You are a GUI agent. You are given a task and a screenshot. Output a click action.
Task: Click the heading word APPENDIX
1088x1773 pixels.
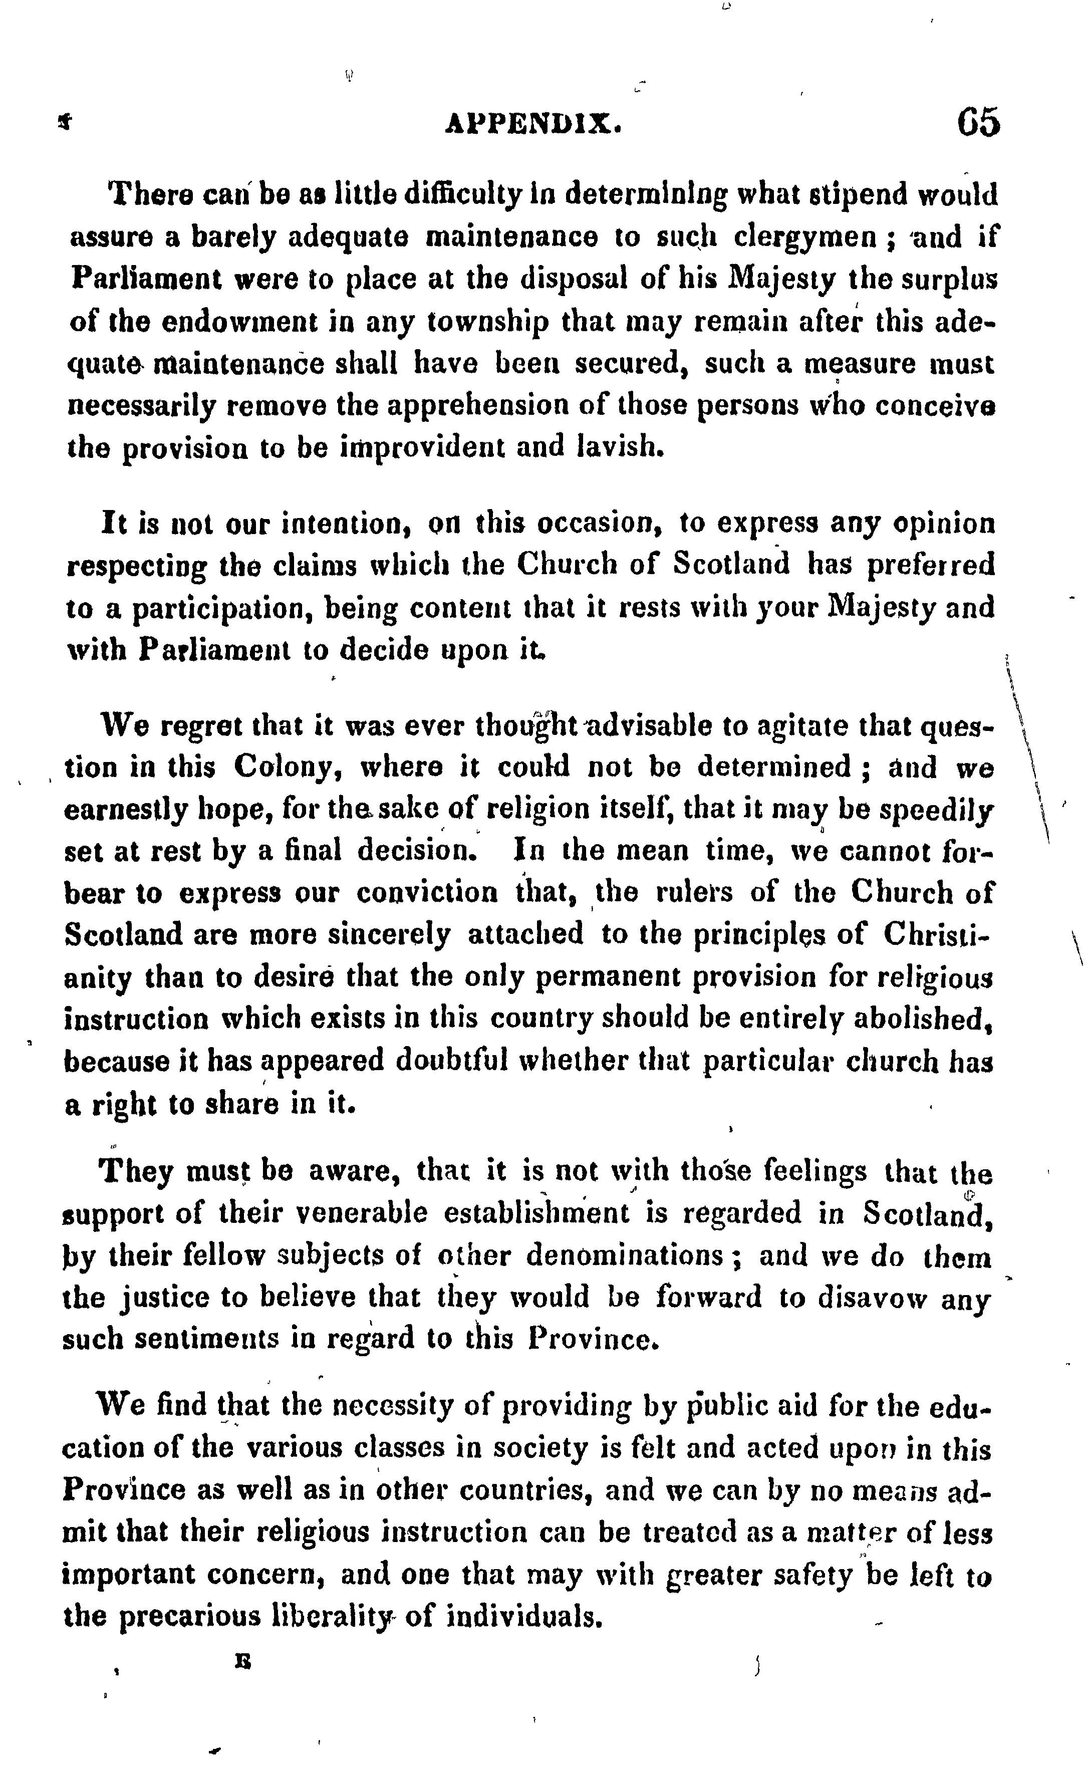point(533,124)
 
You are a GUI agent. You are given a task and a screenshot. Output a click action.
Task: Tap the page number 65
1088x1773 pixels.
point(978,122)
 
